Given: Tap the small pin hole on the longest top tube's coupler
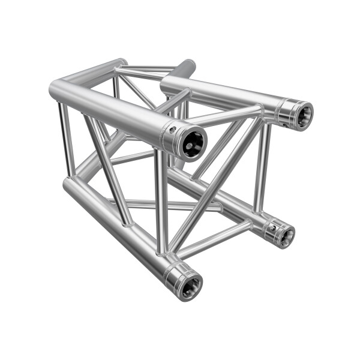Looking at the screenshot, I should [172, 130].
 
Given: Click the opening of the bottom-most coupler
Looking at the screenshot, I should [190, 284].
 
